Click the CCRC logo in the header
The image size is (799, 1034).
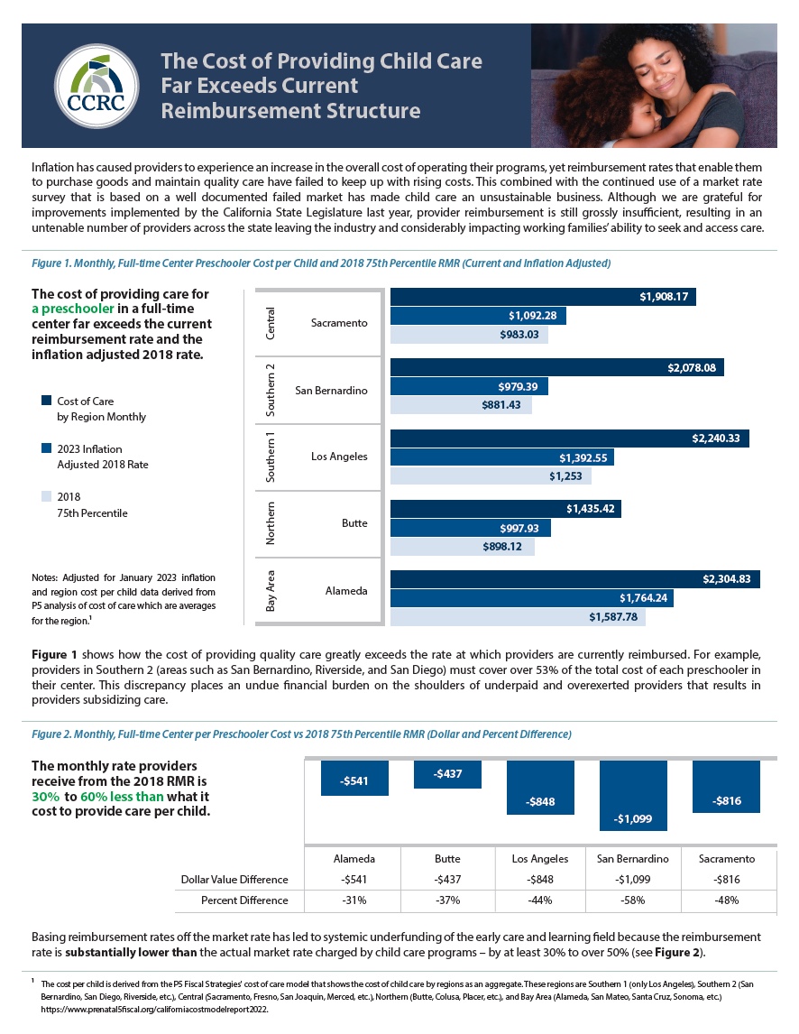click(x=96, y=86)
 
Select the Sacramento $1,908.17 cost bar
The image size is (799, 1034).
click(x=543, y=297)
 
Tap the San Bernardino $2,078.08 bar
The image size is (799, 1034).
click(x=557, y=367)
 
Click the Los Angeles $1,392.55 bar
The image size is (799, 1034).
click(x=502, y=457)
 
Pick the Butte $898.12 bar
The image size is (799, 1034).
click(x=462, y=547)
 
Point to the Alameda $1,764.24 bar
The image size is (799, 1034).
click(x=532, y=598)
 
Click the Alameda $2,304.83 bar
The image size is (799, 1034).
click(x=574, y=579)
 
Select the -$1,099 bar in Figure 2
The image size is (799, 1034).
click(x=633, y=795)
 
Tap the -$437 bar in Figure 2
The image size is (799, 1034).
click(x=447, y=774)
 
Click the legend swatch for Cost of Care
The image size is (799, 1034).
click(x=46, y=401)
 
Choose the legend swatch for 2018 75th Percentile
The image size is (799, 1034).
click(x=46, y=496)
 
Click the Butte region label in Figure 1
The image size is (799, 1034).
click(x=354, y=523)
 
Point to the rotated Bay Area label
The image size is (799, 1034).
click(x=271, y=591)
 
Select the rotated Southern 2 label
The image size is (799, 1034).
click(x=271, y=390)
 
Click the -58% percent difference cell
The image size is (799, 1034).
click(x=633, y=900)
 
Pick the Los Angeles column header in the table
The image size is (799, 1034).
click(x=540, y=859)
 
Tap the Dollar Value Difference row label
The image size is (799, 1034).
click(x=234, y=880)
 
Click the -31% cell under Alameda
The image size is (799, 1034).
click(x=354, y=900)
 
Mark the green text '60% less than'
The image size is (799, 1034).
click(x=122, y=797)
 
